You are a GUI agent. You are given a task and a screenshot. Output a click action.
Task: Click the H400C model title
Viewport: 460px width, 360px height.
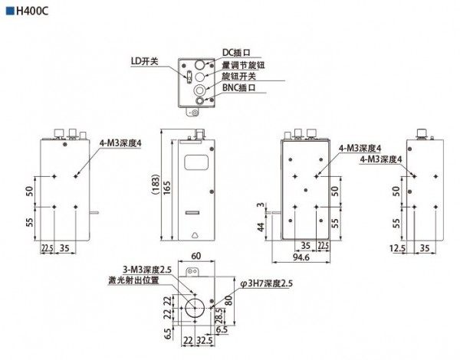[x=31, y=14]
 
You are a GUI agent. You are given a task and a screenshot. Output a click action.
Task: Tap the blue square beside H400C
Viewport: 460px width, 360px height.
[x=8, y=14]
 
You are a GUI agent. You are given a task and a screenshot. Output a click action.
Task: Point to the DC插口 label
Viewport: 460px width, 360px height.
[x=237, y=53]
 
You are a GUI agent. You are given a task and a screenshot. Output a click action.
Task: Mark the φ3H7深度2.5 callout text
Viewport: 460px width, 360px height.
[x=268, y=284]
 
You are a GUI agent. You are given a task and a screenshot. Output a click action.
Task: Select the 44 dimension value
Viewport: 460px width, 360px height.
[x=261, y=227]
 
